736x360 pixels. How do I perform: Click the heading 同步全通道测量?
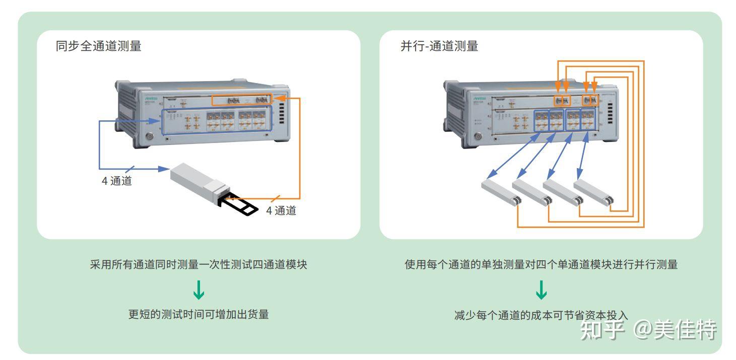coord(98,46)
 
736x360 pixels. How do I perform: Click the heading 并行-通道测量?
coord(439,46)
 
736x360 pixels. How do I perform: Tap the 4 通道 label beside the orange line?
coord(281,210)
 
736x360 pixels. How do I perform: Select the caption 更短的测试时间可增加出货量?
coord(198,315)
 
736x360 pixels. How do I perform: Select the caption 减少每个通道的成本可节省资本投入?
coord(541,315)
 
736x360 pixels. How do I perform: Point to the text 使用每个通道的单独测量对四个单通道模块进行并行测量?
coord(541,265)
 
